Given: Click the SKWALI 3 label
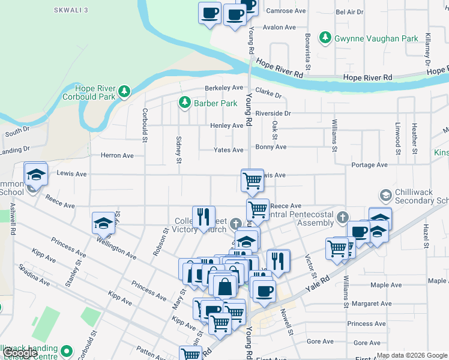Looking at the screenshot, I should pyautogui.click(x=71, y=11).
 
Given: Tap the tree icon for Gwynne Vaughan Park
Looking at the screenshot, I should pyautogui.click(x=325, y=38).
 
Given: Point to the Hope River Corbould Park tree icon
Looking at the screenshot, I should pyautogui.click(x=124, y=91).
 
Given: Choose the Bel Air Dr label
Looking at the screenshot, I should pyautogui.click(x=349, y=12).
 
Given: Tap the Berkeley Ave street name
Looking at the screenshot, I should pyautogui.click(x=224, y=88).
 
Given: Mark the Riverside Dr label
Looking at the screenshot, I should pyautogui.click(x=273, y=113).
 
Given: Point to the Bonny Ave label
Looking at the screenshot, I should pyautogui.click(x=271, y=147).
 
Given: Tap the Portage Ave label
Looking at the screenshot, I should pyautogui.click(x=369, y=164).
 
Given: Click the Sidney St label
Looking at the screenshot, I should pyautogui.click(x=178, y=149).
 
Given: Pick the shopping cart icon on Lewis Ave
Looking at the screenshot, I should pyautogui.click(x=252, y=179).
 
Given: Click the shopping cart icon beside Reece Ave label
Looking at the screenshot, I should pyautogui.click(x=258, y=209).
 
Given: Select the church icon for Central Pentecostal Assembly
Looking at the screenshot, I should pyautogui.click(x=342, y=217).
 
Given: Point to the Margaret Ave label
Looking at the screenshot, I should pyautogui.click(x=372, y=304).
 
